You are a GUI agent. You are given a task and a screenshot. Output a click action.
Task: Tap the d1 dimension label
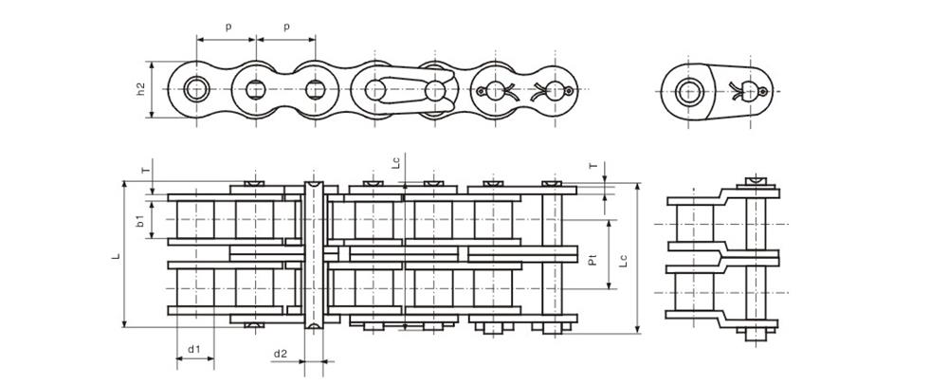coord(194,349)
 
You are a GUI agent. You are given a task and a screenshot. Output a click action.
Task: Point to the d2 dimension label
coord(281,354)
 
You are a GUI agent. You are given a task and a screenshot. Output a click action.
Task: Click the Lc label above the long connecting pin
coord(396,161)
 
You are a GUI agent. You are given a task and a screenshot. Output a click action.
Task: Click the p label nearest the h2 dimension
coord(228,27)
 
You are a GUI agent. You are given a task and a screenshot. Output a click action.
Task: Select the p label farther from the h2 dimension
coord(286,27)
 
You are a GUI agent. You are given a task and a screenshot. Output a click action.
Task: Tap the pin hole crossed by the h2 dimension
coord(197,90)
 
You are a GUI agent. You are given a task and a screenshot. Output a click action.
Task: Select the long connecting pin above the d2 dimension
coord(314,254)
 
